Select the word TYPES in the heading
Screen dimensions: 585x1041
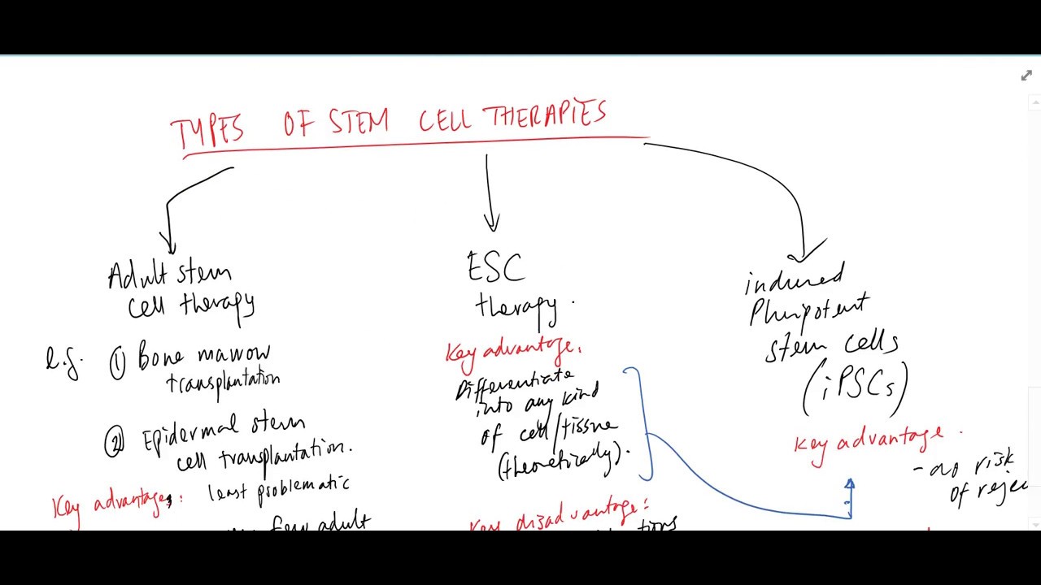coord(207,131)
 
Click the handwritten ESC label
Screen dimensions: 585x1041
coord(495,266)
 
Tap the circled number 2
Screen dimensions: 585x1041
coord(114,444)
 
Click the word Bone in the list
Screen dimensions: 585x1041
coord(160,357)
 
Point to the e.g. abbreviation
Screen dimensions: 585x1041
coord(63,361)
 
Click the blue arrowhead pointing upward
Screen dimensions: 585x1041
coord(849,485)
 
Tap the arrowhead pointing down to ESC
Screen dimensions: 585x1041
coord(491,223)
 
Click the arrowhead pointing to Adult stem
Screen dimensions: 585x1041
coord(168,244)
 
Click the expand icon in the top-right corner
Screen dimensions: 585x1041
coord(1026,76)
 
